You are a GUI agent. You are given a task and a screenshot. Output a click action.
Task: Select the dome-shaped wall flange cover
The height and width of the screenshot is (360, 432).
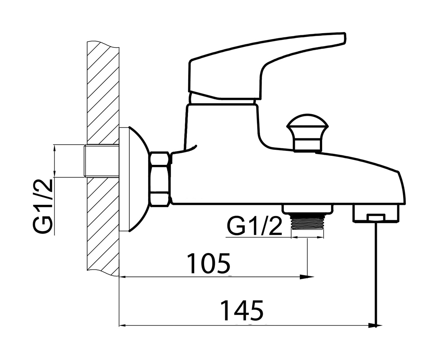[135, 179]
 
